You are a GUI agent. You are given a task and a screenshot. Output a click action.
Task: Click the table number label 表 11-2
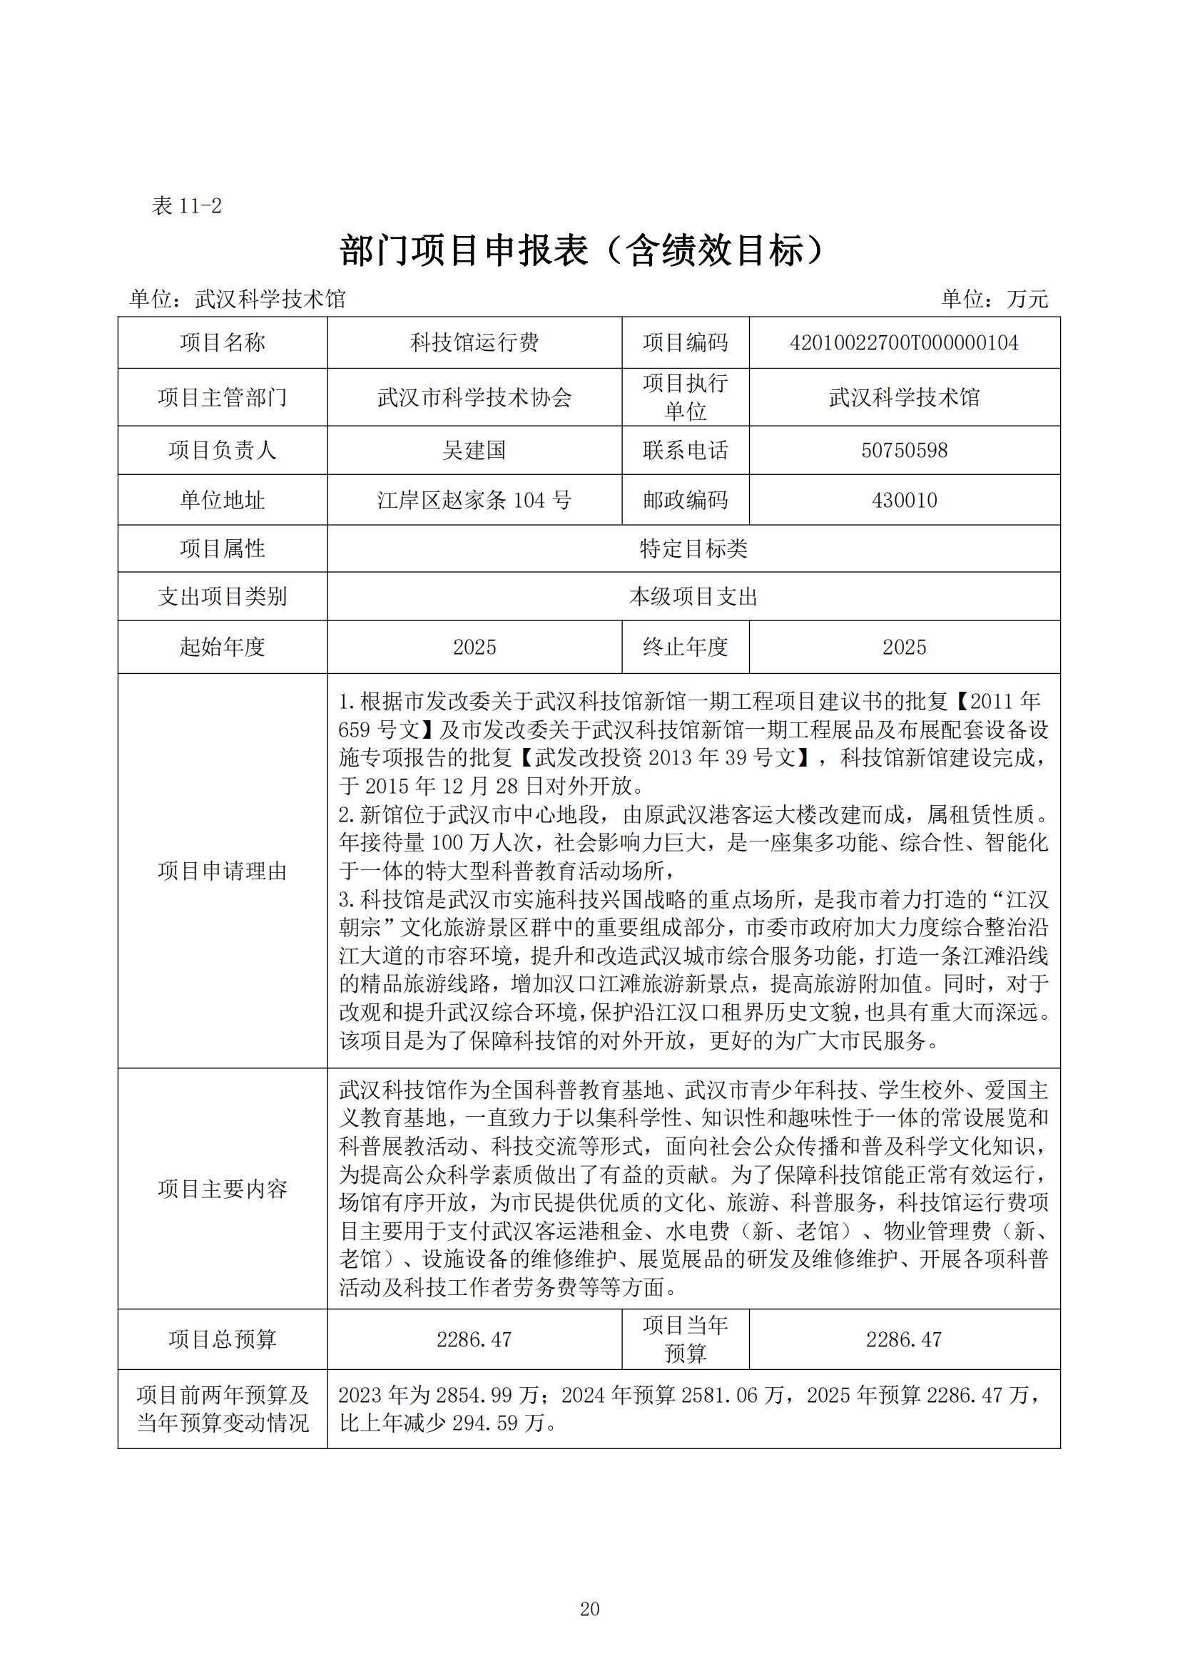click(186, 206)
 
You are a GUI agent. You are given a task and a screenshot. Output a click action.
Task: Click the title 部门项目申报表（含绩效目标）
click(583, 250)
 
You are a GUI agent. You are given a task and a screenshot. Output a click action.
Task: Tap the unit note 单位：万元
click(994, 299)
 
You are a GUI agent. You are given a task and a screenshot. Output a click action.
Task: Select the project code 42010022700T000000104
click(904, 343)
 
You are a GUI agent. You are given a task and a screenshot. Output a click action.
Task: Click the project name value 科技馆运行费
click(474, 343)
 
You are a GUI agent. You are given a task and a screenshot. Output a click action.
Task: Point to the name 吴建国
click(474, 451)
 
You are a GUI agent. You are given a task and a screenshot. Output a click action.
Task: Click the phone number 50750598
click(904, 451)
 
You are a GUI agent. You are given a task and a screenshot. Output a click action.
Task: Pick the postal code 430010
click(904, 501)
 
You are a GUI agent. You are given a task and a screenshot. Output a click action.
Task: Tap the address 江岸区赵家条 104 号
click(474, 501)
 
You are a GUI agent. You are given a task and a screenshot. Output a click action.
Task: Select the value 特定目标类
click(693, 549)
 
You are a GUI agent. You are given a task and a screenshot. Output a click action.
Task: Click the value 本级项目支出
click(693, 597)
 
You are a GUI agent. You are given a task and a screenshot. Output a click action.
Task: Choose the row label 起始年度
click(223, 648)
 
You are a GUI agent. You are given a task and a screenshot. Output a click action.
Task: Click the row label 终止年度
click(685, 648)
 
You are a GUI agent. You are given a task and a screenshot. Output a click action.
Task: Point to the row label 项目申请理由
click(223, 871)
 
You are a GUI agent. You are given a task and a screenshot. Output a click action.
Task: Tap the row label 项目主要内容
click(223, 1189)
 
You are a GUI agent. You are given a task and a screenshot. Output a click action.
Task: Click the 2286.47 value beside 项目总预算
click(474, 1340)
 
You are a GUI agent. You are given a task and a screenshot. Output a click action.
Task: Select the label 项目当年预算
click(685, 1340)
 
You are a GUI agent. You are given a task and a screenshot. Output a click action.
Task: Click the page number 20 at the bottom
click(589, 1609)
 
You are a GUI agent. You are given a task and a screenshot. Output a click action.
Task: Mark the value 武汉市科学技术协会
click(474, 397)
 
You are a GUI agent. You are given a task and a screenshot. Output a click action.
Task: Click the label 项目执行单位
click(685, 397)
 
